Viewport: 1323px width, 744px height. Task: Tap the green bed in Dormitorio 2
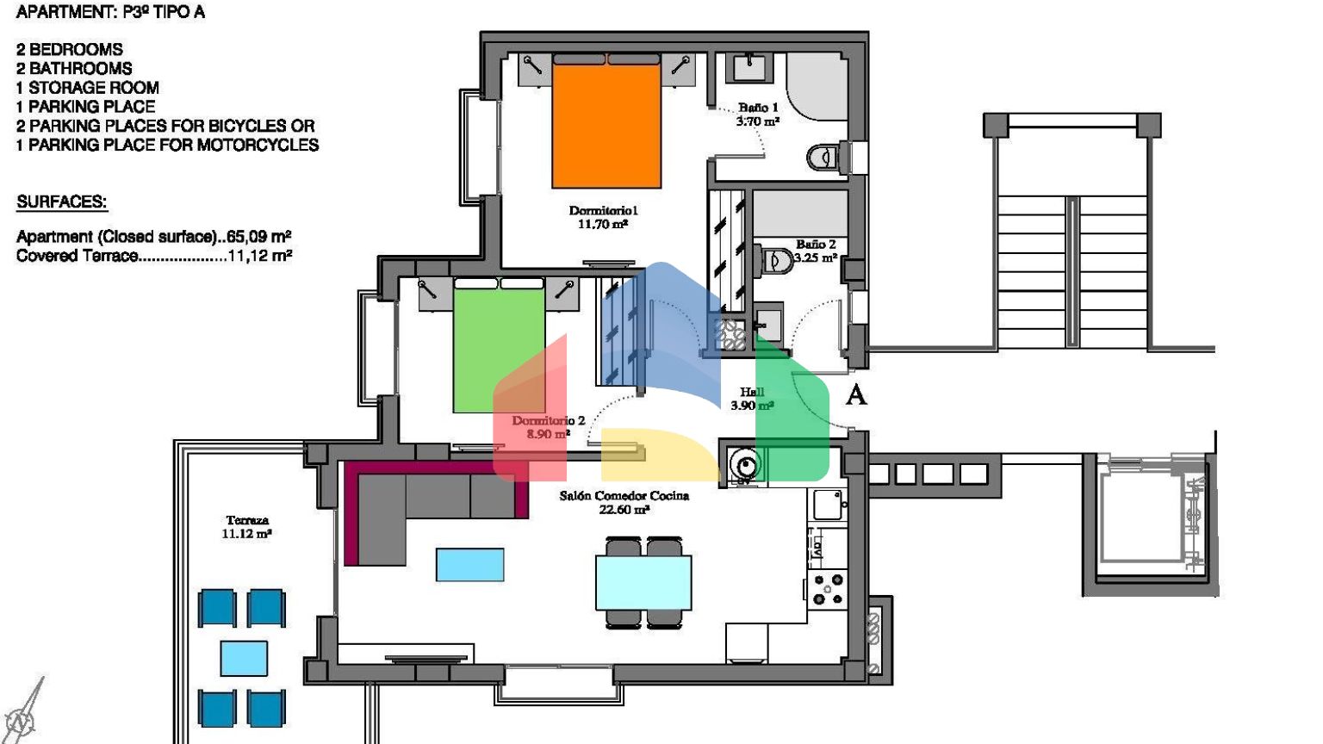click(499, 345)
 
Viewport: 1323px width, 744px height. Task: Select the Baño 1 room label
click(758, 115)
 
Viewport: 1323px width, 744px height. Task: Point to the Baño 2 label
click(816, 251)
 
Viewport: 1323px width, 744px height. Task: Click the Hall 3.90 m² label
click(752, 399)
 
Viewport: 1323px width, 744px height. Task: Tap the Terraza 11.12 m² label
click(247, 527)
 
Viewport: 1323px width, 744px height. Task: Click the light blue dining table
click(643, 582)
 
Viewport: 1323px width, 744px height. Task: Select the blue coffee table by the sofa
click(470, 565)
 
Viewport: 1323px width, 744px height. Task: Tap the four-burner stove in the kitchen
click(828, 589)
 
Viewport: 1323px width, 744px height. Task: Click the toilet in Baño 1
click(827, 157)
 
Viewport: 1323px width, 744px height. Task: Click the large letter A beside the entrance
click(856, 394)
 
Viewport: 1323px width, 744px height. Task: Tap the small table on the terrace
click(244, 659)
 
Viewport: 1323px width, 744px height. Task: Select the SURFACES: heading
click(61, 202)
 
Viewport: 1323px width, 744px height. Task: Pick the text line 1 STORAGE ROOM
click(87, 88)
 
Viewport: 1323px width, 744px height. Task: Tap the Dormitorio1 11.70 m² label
click(603, 217)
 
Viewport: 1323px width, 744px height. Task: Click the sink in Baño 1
click(748, 67)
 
